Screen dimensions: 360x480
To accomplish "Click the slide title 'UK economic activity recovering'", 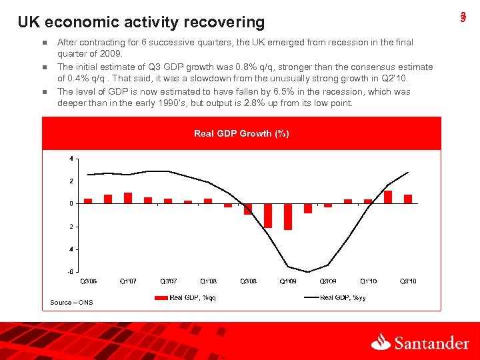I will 141,22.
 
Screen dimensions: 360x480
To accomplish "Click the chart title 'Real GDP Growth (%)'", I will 241,133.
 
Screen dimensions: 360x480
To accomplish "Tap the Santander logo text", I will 431,343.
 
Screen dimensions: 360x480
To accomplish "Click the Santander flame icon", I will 381,342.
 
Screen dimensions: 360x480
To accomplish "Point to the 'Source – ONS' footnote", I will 71,303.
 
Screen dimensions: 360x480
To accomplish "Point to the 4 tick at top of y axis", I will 72,159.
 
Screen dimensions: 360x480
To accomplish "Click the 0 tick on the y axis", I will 72,203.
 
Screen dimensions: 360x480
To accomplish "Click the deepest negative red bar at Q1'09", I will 288,217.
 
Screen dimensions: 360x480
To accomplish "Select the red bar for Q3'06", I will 88,201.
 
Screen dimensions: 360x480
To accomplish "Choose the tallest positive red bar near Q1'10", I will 388,197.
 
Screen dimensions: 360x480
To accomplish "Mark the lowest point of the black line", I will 307,272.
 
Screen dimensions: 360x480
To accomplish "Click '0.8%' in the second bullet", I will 212,67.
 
